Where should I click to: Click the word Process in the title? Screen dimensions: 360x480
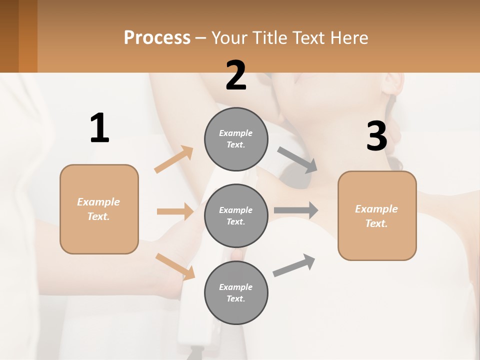pyautogui.click(x=157, y=38)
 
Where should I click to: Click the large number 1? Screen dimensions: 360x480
pyautogui.click(x=99, y=128)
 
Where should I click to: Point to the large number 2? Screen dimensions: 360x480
pyautogui.click(x=236, y=76)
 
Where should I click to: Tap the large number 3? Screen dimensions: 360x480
pyautogui.click(x=376, y=136)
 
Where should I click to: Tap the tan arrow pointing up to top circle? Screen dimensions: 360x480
pyautogui.click(x=174, y=159)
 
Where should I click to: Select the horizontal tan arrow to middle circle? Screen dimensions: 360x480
pyautogui.click(x=175, y=211)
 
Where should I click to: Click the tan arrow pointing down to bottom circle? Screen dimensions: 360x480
pyautogui.click(x=175, y=266)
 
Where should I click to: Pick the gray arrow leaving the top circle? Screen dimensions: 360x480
pyautogui.click(x=297, y=160)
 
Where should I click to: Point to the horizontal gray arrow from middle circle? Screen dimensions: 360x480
pyautogui.click(x=296, y=210)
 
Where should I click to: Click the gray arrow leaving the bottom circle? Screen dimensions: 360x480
pyautogui.click(x=294, y=265)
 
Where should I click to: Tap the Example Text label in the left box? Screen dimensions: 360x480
pyautogui.click(x=98, y=209)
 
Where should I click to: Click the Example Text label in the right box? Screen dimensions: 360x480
pyautogui.click(x=376, y=216)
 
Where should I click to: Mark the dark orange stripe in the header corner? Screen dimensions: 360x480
pyautogui.click(x=27, y=36)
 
